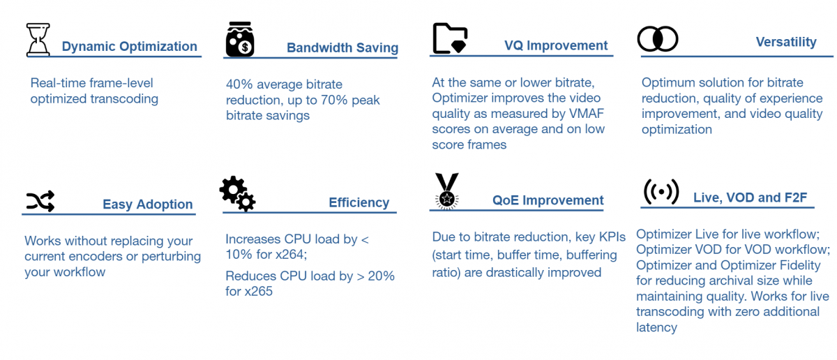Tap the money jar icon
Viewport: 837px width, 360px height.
pyautogui.click(x=240, y=39)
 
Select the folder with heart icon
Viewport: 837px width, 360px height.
pyautogui.click(x=450, y=38)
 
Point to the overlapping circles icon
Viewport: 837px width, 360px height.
pyautogui.click(x=658, y=38)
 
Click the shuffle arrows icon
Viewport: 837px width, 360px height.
pyautogui.click(x=40, y=202)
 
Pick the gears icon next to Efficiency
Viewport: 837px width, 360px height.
pyautogui.click(x=237, y=193)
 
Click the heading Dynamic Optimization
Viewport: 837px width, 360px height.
pyautogui.click(x=129, y=47)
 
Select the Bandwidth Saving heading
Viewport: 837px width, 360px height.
pyautogui.click(x=342, y=48)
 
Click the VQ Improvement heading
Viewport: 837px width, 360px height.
pyautogui.click(x=556, y=46)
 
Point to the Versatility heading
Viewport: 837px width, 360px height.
pyautogui.click(x=786, y=42)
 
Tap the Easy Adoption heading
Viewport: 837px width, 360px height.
pyautogui.click(x=147, y=204)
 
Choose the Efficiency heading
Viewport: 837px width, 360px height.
pyautogui.click(x=359, y=203)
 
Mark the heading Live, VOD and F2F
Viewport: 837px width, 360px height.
pyautogui.click(x=750, y=198)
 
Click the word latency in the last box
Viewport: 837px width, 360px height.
pyautogui.click(x=656, y=327)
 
